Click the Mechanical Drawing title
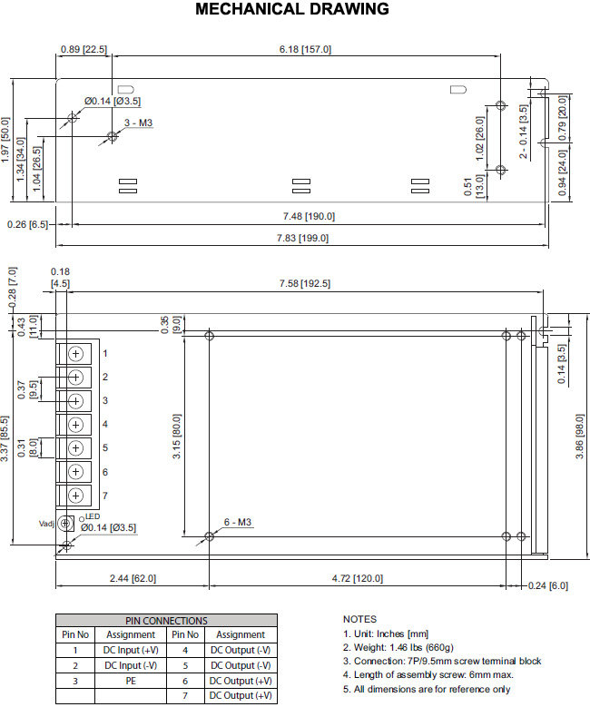292,9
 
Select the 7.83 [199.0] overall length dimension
302,238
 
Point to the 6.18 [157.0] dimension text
305,49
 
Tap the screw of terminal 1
75,354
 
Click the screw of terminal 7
75,495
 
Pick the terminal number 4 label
105,424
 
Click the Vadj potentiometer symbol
65,524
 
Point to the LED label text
93,516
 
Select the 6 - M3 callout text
238,522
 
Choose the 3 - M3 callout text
139,123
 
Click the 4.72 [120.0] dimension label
358,578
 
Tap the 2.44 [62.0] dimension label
133,578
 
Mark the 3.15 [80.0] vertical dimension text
176,436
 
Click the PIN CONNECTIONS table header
166,621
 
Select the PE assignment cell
131,681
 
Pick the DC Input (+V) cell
131,650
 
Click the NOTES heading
359,619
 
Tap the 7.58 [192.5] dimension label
304,283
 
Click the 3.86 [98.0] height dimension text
580,437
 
